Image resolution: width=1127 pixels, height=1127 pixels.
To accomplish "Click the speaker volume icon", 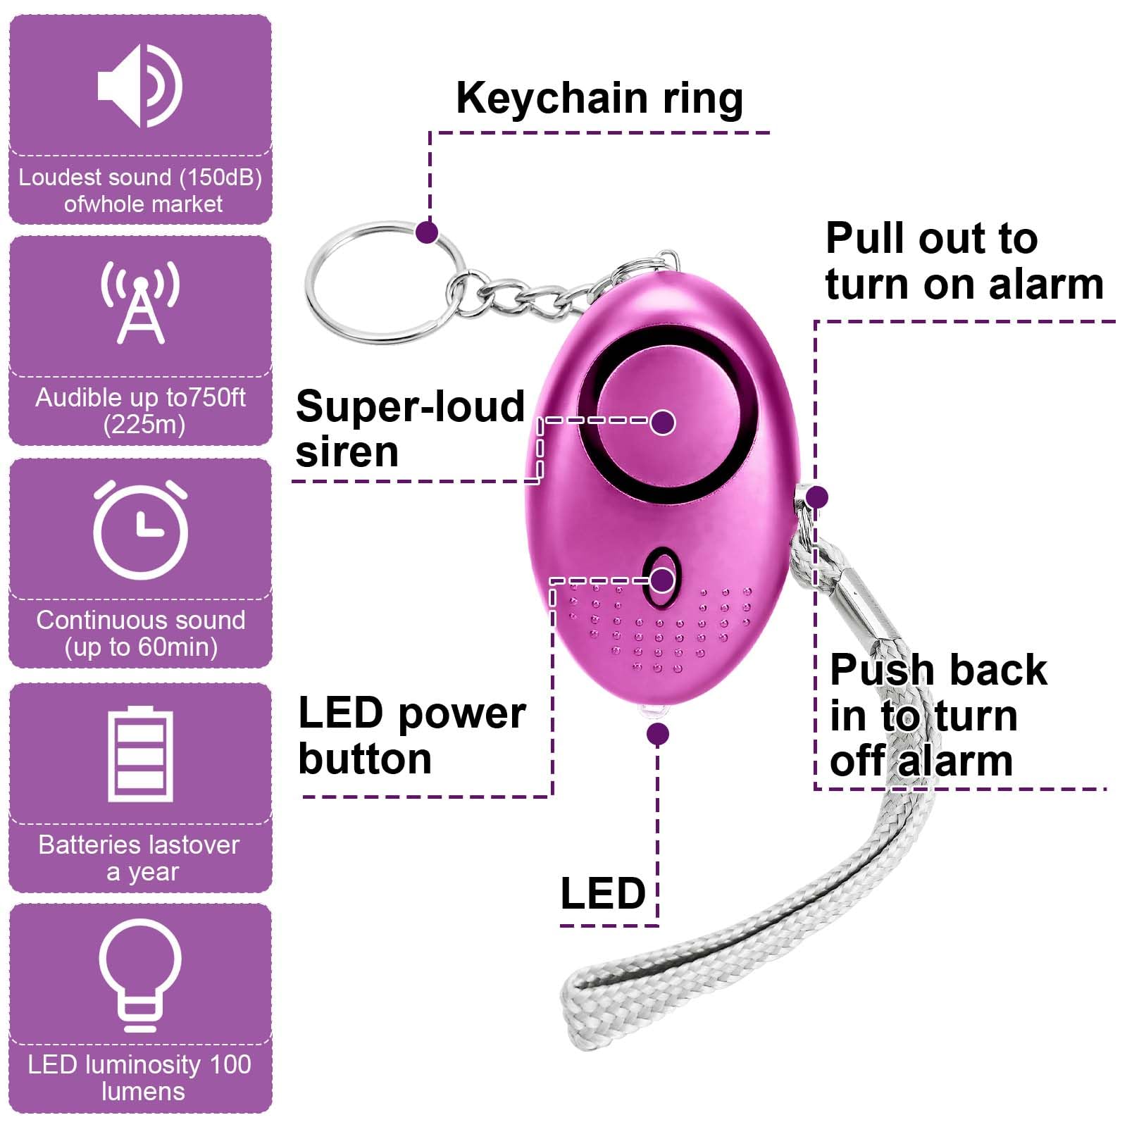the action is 139,86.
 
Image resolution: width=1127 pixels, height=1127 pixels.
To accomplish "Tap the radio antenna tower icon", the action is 140,301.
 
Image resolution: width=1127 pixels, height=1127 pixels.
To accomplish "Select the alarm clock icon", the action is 141,530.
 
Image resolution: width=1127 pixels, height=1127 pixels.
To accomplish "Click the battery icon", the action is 140,754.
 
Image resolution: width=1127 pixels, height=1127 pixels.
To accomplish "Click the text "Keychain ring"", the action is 599,99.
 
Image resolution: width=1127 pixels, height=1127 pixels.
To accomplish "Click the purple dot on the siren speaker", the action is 662,422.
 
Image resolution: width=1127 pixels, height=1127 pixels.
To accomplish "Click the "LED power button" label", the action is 412,735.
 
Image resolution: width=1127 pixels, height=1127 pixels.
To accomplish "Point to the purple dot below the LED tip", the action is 657,735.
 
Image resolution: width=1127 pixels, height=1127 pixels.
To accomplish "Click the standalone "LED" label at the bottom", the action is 603,893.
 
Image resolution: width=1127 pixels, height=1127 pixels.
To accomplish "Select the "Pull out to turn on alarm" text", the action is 964,261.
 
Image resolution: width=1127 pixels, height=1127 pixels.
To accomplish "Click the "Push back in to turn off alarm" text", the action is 938,715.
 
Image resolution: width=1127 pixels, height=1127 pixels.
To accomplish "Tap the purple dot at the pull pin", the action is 816,497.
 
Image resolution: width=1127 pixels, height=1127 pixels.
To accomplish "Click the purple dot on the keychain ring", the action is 427,232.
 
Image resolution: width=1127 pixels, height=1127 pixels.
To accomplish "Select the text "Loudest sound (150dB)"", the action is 140,178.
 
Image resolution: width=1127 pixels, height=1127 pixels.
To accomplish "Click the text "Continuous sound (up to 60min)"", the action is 141,633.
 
